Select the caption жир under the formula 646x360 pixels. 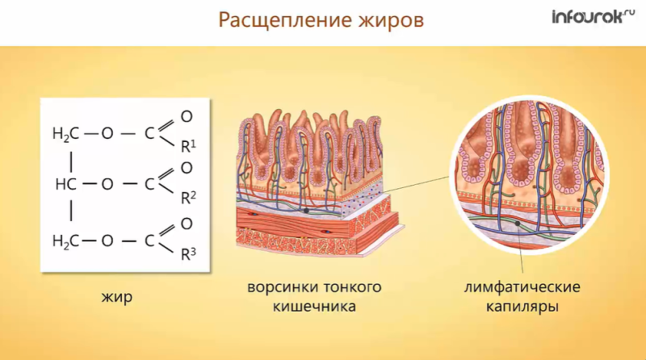click(x=117, y=296)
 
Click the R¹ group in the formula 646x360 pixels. click(x=187, y=146)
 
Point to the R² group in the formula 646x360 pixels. click(x=187, y=197)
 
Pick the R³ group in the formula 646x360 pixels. click(x=187, y=253)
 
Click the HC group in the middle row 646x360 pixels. click(x=66, y=185)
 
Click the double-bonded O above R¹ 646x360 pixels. click(x=187, y=117)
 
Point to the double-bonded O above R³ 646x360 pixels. click(x=187, y=224)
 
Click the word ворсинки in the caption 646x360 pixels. click(x=279, y=287)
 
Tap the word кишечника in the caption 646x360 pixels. click(x=314, y=307)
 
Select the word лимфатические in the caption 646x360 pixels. click(x=522, y=287)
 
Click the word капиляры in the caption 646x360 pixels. click(x=522, y=307)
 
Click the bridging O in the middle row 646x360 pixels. click(x=107, y=185)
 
